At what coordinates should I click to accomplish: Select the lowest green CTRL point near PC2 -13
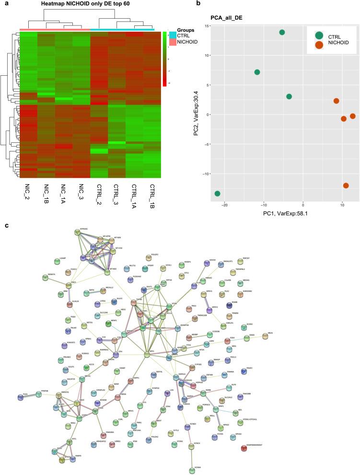point(218,194)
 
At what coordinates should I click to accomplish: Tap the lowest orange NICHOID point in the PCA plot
point(346,185)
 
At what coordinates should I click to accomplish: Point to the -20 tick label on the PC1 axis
point(224,205)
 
